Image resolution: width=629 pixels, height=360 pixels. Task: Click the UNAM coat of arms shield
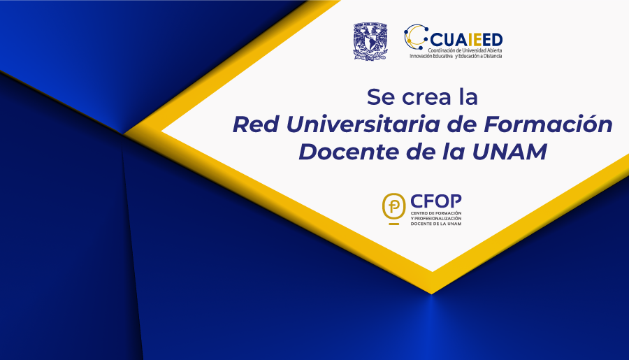(370, 42)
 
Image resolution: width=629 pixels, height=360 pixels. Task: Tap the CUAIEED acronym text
(466, 40)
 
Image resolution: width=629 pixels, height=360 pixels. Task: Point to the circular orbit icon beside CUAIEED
(416, 36)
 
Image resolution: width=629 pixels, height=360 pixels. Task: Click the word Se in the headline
(381, 97)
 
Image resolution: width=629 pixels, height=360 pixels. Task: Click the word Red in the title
(256, 124)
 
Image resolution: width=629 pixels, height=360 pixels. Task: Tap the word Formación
(548, 124)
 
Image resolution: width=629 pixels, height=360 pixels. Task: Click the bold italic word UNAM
(509, 152)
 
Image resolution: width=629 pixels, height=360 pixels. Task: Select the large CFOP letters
(435, 201)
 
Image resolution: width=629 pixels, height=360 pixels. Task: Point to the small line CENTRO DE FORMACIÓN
(435, 213)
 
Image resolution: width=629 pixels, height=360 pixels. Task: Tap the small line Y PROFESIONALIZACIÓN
(435, 218)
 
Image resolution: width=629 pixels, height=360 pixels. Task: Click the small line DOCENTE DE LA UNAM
(435, 224)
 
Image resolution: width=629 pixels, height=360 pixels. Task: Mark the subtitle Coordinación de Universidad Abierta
(465, 50)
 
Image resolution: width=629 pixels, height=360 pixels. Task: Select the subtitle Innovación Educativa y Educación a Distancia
(456, 56)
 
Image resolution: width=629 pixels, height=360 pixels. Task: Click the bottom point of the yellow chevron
(432, 294)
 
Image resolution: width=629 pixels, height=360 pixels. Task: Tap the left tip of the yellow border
(124, 134)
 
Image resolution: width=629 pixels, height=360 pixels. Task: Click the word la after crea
(468, 97)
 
